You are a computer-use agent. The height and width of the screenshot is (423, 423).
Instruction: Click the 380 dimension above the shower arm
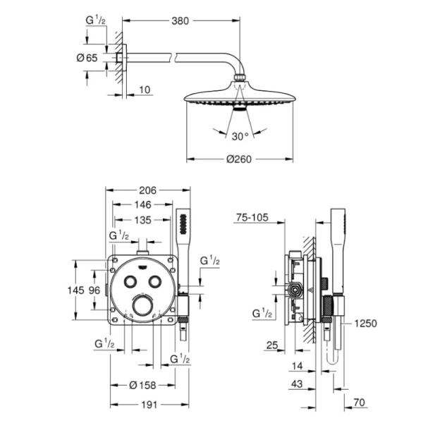pyautogui.click(x=181, y=21)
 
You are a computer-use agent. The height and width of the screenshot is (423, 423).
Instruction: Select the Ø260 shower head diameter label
pyautogui.click(x=239, y=160)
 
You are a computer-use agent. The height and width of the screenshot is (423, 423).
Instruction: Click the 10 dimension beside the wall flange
pyautogui.click(x=145, y=89)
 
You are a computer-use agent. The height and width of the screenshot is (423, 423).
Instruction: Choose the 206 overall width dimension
pyautogui.click(x=147, y=190)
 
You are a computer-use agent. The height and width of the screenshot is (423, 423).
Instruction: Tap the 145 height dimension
pyautogui.click(x=75, y=290)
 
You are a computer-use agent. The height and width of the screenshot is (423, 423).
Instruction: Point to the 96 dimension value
pyautogui.click(x=94, y=290)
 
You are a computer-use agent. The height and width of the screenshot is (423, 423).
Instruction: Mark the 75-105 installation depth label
pyautogui.click(x=252, y=219)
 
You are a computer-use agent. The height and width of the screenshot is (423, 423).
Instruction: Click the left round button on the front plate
pyautogui.click(x=130, y=281)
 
